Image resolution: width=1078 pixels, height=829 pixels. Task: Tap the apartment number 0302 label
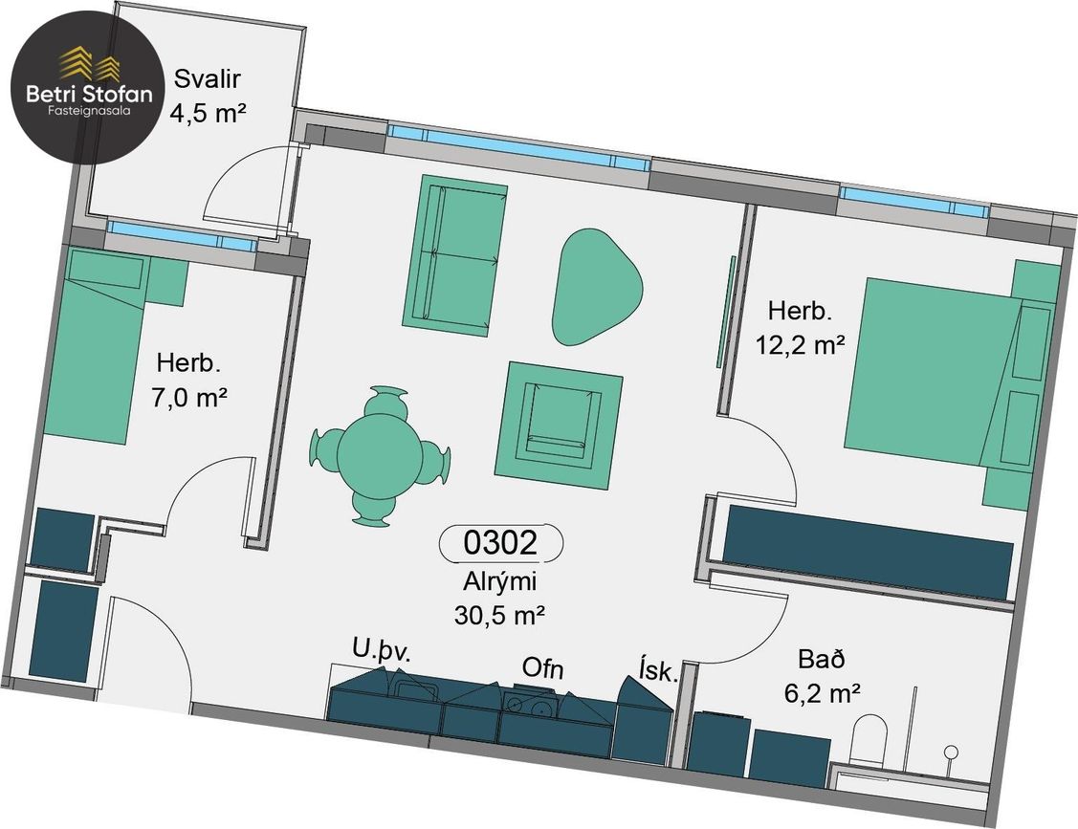500,542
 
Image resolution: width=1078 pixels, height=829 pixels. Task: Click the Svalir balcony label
207,78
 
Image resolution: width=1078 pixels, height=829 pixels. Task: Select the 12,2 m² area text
801,343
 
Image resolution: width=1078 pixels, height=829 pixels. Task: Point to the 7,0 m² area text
189,397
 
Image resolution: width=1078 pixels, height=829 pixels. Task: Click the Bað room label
822,659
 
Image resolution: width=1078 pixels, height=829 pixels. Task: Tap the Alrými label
499,581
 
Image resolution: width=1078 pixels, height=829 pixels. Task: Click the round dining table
380,455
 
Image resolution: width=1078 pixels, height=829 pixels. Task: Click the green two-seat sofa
455,255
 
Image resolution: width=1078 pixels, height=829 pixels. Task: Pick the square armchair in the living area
559,425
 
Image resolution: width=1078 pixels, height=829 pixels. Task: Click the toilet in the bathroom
869,740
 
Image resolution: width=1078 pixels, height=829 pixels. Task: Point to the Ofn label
542,667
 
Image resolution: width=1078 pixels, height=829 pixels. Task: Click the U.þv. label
382,651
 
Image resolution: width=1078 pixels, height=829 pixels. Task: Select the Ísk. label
658,670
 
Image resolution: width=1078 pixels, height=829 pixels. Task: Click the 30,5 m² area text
500,615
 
